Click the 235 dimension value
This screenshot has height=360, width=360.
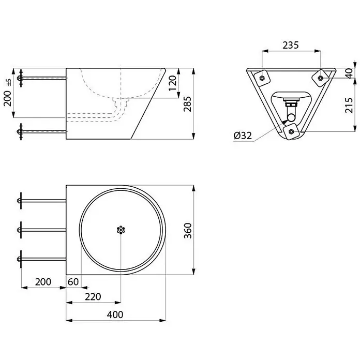click(291, 45)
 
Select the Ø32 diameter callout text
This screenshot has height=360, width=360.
click(243, 136)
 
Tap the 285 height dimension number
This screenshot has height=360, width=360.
click(187, 104)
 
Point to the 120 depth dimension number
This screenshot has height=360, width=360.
click(173, 83)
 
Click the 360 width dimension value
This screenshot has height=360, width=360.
click(188, 231)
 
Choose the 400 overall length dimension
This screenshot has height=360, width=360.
click(115, 314)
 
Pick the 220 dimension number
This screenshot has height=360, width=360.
click(93, 296)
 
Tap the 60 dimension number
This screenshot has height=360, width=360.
click(73, 282)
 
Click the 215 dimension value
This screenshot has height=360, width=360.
click(349, 105)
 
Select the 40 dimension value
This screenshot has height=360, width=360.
click(349, 73)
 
